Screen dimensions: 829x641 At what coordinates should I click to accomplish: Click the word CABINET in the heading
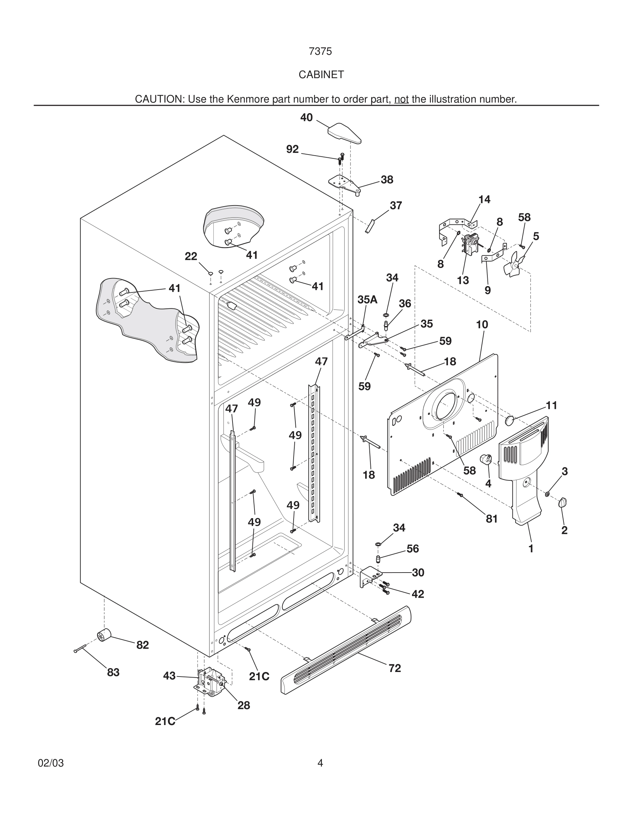tap(321, 75)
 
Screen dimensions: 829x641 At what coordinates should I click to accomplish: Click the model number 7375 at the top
tap(320, 51)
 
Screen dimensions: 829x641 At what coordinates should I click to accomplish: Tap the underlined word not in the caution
tap(401, 99)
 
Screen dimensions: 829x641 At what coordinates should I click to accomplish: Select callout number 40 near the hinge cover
tap(306, 118)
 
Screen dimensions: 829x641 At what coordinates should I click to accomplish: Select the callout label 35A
tap(367, 299)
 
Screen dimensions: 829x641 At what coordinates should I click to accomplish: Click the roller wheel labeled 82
tap(103, 635)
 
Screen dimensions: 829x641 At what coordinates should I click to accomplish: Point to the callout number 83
tap(113, 672)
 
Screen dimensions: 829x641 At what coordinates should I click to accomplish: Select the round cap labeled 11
tap(509, 420)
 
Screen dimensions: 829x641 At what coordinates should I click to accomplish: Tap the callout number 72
tap(395, 668)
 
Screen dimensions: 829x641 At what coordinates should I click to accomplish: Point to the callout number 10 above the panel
tap(482, 324)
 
